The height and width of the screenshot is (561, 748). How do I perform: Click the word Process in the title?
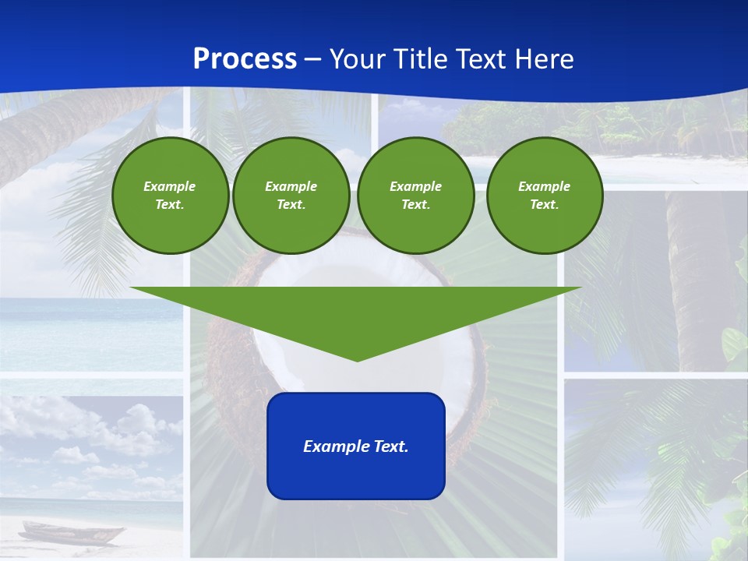pos(245,59)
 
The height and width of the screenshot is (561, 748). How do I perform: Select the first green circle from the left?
pos(170,196)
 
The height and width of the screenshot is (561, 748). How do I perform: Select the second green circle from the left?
pos(291,196)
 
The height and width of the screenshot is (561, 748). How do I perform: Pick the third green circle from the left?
pos(415,196)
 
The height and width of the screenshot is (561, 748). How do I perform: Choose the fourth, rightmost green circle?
pos(544,196)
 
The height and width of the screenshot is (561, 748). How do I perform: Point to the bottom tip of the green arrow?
pos(357,360)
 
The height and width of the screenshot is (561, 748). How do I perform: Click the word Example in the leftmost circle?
pos(170,186)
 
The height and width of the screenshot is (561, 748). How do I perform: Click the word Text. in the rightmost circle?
pos(544,205)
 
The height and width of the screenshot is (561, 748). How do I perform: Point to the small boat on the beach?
pos(72,533)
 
